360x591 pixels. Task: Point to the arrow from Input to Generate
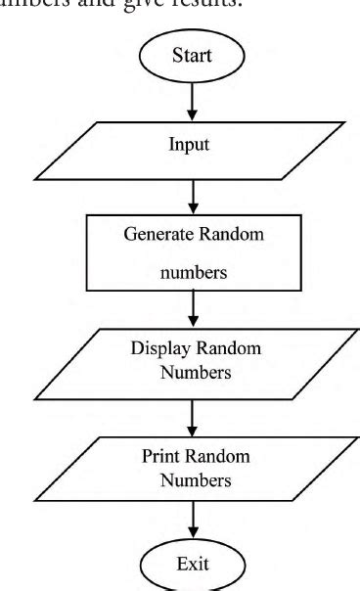point(193,200)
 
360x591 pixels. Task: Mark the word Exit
point(193,565)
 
